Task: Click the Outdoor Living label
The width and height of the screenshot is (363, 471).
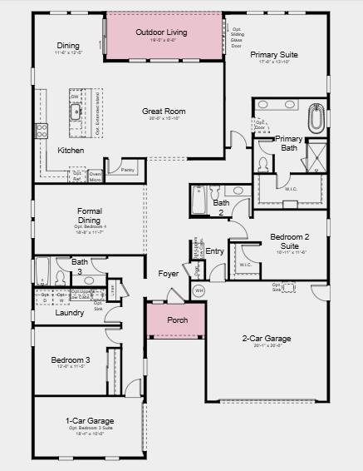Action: click(161, 32)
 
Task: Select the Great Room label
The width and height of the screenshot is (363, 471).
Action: click(163, 111)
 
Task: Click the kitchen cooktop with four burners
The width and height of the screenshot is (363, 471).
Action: click(42, 131)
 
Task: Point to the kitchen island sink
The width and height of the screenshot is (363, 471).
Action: click(76, 113)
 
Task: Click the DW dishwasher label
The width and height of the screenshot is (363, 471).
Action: click(75, 97)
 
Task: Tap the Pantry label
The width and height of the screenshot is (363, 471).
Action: click(127, 169)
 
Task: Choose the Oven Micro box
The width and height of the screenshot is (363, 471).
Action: click(95, 176)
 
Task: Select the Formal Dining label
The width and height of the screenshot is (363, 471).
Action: click(89, 215)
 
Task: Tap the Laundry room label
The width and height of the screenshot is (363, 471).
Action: click(69, 313)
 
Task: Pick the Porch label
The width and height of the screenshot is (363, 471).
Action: click(177, 320)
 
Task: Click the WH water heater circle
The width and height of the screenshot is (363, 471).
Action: click(198, 290)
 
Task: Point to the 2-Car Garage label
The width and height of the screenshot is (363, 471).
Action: click(266, 339)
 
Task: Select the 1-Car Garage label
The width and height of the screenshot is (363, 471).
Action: click(89, 421)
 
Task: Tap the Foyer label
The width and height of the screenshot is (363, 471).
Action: click(169, 273)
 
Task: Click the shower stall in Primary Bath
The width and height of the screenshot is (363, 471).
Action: click(316, 156)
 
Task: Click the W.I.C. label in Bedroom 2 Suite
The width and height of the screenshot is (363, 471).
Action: click(246, 265)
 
